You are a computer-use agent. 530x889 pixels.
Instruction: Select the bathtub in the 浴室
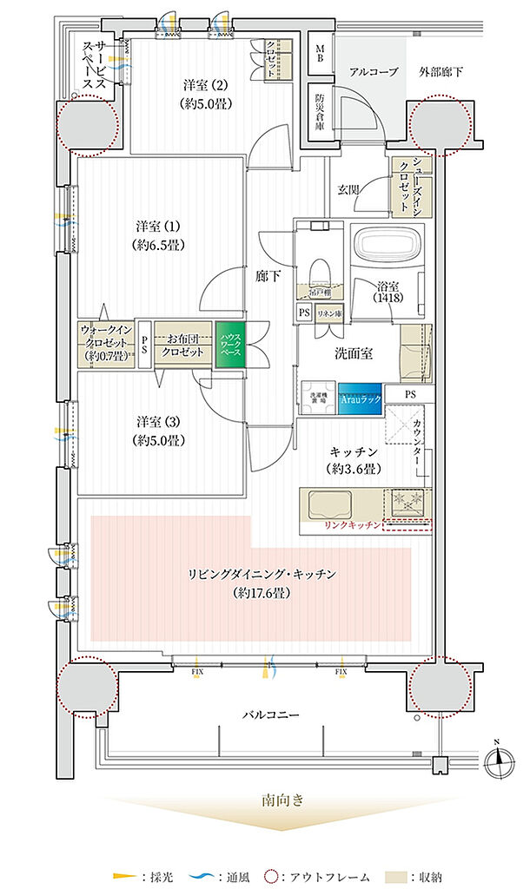pyautogui.click(x=388, y=247)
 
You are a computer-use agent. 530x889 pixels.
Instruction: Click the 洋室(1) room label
pyautogui.click(x=156, y=233)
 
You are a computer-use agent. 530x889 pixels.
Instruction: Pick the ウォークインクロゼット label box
pyautogui.click(x=105, y=344)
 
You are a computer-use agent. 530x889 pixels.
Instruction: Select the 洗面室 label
pyautogui.click(x=355, y=353)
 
